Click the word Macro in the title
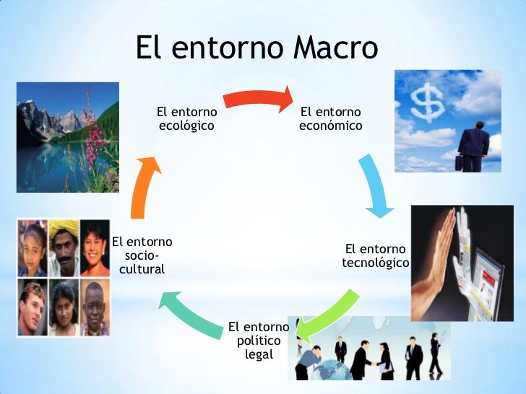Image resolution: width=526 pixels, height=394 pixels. point(335,48)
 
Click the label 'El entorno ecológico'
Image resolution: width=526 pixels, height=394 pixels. point(187,118)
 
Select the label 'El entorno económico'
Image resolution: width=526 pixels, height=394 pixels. point(330,118)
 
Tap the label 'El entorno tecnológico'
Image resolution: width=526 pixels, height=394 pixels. point(375,256)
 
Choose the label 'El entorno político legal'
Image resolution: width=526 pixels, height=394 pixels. point(259,341)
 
